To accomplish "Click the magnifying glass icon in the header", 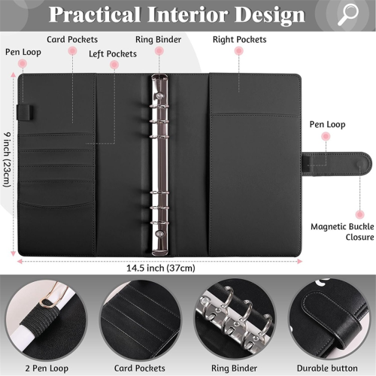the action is (x=348, y=15).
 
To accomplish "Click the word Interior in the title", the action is (x=188, y=14).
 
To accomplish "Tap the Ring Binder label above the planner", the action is (x=158, y=40).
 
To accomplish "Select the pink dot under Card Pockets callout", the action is (x=72, y=51).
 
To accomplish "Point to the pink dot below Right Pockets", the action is (x=239, y=51).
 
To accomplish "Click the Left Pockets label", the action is (x=113, y=54).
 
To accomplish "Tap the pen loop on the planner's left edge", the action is (x=25, y=112).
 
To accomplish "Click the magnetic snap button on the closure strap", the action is (x=360, y=165).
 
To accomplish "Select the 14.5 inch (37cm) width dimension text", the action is (x=161, y=268).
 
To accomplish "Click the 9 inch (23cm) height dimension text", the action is (x=7, y=159).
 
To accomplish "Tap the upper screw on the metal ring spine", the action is (x=159, y=96).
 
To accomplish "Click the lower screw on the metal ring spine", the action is (x=159, y=234).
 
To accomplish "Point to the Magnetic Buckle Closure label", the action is (x=342, y=232).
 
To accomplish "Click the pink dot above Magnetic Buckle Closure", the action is (x=360, y=214).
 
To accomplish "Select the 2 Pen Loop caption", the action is (x=47, y=368).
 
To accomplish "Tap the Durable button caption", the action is (x=327, y=368).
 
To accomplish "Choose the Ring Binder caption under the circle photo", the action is (x=234, y=368).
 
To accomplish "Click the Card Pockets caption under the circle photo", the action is (x=140, y=368).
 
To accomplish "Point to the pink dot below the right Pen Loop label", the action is (x=326, y=137).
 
